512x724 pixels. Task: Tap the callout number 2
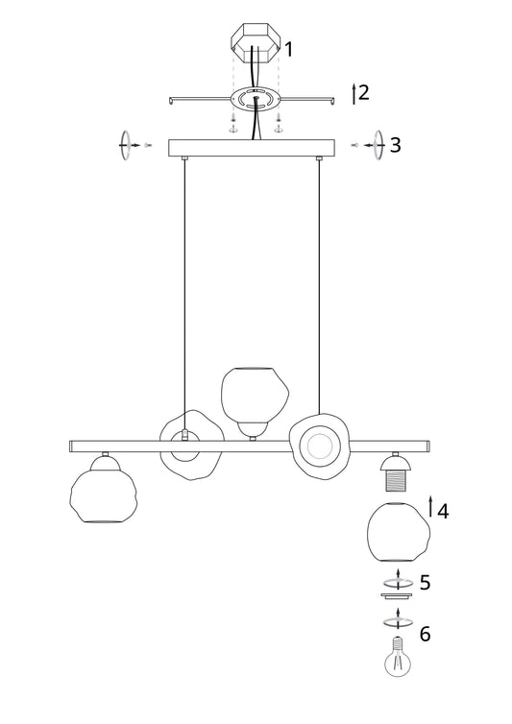click(x=364, y=93)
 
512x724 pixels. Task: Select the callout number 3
click(x=394, y=145)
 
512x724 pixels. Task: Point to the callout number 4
click(x=442, y=511)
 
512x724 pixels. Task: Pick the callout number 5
click(x=425, y=582)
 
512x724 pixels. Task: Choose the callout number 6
click(x=425, y=634)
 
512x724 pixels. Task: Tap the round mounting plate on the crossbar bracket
click(x=255, y=99)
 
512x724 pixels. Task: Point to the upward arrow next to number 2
click(x=354, y=93)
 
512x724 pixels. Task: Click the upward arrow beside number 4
click(x=431, y=507)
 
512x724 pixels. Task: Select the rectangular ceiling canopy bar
click(x=252, y=148)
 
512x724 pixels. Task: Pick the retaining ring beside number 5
click(x=394, y=584)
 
